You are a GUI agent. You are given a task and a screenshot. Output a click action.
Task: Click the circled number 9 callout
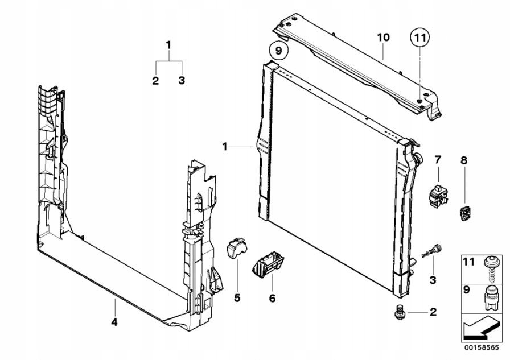278,51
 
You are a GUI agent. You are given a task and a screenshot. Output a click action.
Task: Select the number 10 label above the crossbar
383,38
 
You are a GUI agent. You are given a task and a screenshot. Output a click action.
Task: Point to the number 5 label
237,297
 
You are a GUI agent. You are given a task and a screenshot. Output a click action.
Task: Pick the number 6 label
272,297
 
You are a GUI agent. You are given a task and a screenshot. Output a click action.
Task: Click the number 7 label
438,159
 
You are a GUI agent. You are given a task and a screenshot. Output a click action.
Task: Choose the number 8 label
464,161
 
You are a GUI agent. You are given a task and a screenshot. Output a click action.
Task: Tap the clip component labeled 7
436,195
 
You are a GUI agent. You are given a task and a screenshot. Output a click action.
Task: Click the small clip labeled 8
465,213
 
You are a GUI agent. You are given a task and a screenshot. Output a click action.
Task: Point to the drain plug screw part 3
434,250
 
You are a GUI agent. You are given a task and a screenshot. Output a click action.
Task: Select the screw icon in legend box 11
489,267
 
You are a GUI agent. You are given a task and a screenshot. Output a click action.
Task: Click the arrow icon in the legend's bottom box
482,328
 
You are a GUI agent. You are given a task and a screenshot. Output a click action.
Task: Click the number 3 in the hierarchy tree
182,81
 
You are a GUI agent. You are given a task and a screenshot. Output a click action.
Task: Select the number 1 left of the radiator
225,147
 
